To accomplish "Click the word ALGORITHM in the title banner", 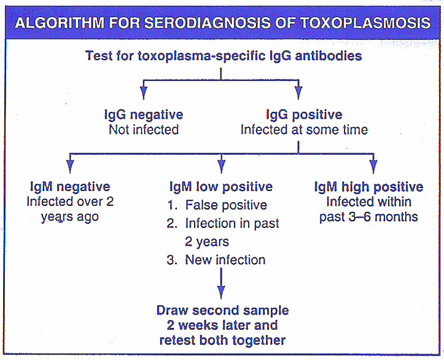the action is pos(60,23).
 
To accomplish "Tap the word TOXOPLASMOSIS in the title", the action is pos(365,23).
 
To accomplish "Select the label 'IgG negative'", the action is pos(144,115).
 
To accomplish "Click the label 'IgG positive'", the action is pos(304,115).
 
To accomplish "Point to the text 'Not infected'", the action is pos(144,130).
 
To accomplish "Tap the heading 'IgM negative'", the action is pos(70,187).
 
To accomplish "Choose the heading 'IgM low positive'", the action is pos(221,187).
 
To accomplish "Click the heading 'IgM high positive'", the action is pos(368,187).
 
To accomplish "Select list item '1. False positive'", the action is pos(217,205).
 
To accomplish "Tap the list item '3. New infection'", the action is pos(216,260).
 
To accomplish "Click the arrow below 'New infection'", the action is pos(221,283).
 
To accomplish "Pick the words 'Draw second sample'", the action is pos(222,310).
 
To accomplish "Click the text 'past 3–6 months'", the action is pos(368,217).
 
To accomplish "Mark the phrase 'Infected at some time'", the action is pos(304,130).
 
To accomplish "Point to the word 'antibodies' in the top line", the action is pos(329,55).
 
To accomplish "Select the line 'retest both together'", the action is pos(222,340).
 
